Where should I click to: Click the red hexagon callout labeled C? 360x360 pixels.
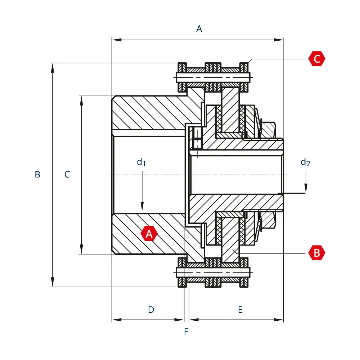317,59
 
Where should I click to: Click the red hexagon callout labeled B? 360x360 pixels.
317,253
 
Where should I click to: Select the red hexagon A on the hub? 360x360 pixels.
149,234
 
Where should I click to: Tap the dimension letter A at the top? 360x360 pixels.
199,29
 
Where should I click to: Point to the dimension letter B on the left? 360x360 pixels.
37,175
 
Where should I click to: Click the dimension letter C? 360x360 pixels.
67,175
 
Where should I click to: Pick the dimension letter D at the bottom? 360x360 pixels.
151,310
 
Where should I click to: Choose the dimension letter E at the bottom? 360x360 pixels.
240,310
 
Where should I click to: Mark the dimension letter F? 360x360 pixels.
186,332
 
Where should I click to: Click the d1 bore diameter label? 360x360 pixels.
141,162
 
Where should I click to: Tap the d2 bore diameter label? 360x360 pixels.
305,162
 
